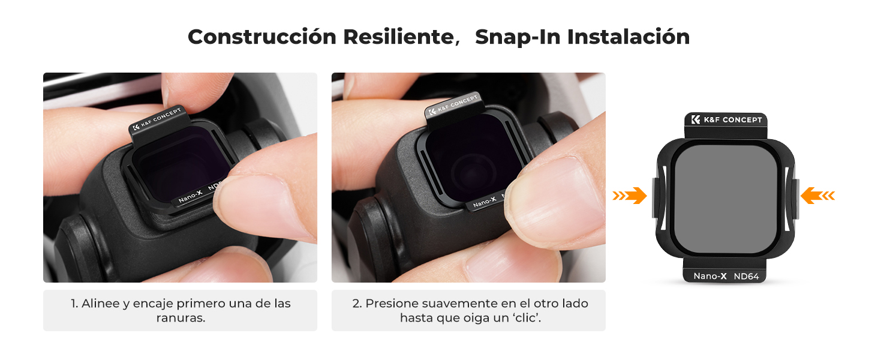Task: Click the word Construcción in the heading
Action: click(262, 37)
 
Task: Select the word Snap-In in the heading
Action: click(517, 38)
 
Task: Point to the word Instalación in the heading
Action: click(629, 37)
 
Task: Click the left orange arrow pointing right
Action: click(630, 195)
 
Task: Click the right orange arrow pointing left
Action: click(817, 195)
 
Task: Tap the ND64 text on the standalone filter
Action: click(746, 277)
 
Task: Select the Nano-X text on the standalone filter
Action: click(710, 277)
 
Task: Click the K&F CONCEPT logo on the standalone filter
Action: click(726, 119)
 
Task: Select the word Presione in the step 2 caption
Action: click(391, 304)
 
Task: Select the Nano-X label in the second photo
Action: click(485, 202)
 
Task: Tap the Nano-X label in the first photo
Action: click(191, 196)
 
